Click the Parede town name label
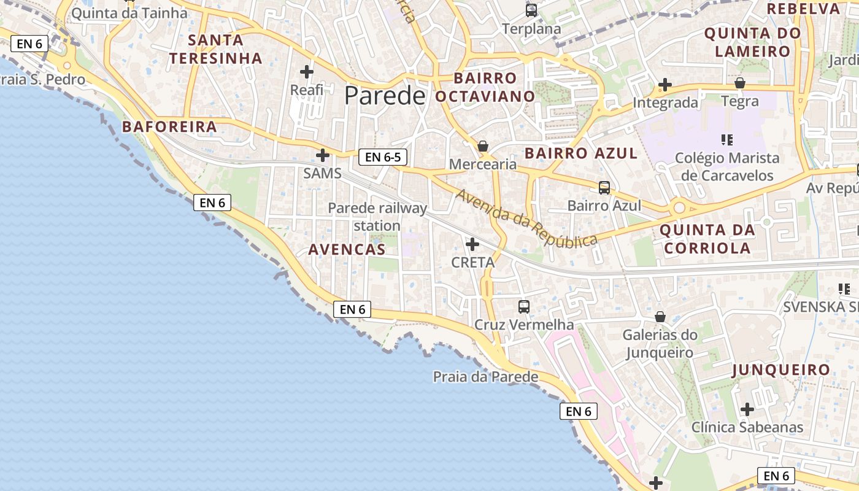pyautogui.click(x=384, y=96)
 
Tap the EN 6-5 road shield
pyautogui.click(x=383, y=157)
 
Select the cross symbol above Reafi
pyautogui.click(x=307, y=72)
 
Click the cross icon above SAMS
pyautogui.click(x=323, y=155)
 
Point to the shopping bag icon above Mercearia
pyautogui.click(x=483, y=146)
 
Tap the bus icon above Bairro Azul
pyautogui.click(x=604, y=187)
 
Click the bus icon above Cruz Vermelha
pyautogui.click(x=524, y=306)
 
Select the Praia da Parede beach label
pyautogui.click(x=485, y=376)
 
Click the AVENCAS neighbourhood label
pyautogui.click(x=347, y=249)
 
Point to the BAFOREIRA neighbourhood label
pyautogui.click(x=169, y=127)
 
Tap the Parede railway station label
pyautogui.click(x=377, y=217)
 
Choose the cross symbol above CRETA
pyautogui.click(x=472, y=244)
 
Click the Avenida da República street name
pyautogui.click(x=526, y=218)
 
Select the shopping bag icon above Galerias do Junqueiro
pyautogui.click(x=660, y=317)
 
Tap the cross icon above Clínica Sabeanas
pyautogui.click(x=747, y=409)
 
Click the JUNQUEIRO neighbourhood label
pyautogui.click(x=781, y=370)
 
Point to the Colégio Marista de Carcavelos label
pyautogui.click(x=727, y=166)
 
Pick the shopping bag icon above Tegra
pyautogui.click(x=740, y=83)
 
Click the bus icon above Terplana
pyautogui.click(x=531, y=10)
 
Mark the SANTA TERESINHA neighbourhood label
pyautogui.click(x=216, y=49)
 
